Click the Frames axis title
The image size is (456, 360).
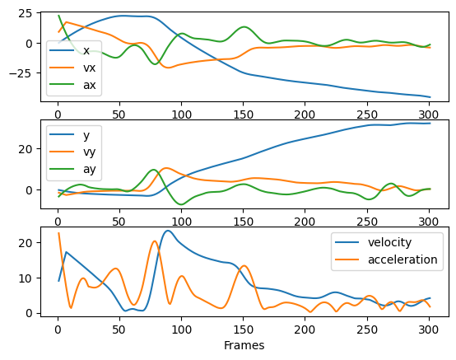(244, 345)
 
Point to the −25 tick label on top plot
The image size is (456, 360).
(21, 73)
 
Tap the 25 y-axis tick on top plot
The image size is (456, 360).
(25, 13)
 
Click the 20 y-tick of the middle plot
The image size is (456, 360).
(25, 149)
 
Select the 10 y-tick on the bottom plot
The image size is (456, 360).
(25, 278)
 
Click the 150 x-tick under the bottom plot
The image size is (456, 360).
(244, 330)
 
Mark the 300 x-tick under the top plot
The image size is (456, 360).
(429, 115)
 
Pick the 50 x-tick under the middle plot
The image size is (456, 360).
(119, 222)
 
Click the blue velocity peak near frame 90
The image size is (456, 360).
(168, 231)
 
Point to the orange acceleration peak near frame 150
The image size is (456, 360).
(244, 265)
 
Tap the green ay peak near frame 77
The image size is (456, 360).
(153, 170)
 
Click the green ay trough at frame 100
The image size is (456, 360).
(181, 204)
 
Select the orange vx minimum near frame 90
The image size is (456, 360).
(169, 68)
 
